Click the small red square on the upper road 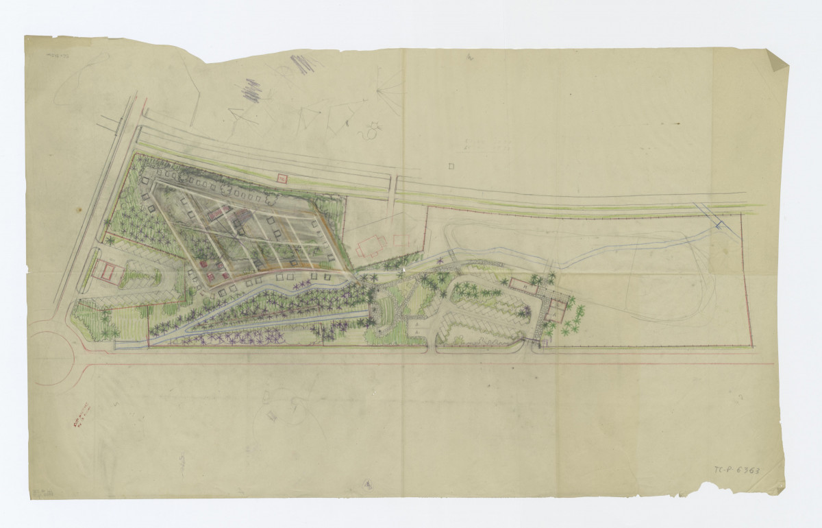coord(280,179)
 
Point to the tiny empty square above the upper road coord(451,165)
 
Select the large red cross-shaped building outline coord(369,245)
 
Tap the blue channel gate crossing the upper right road coord(717,221)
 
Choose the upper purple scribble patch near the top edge coord(302,63)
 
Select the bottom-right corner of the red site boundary coord(752,345)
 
